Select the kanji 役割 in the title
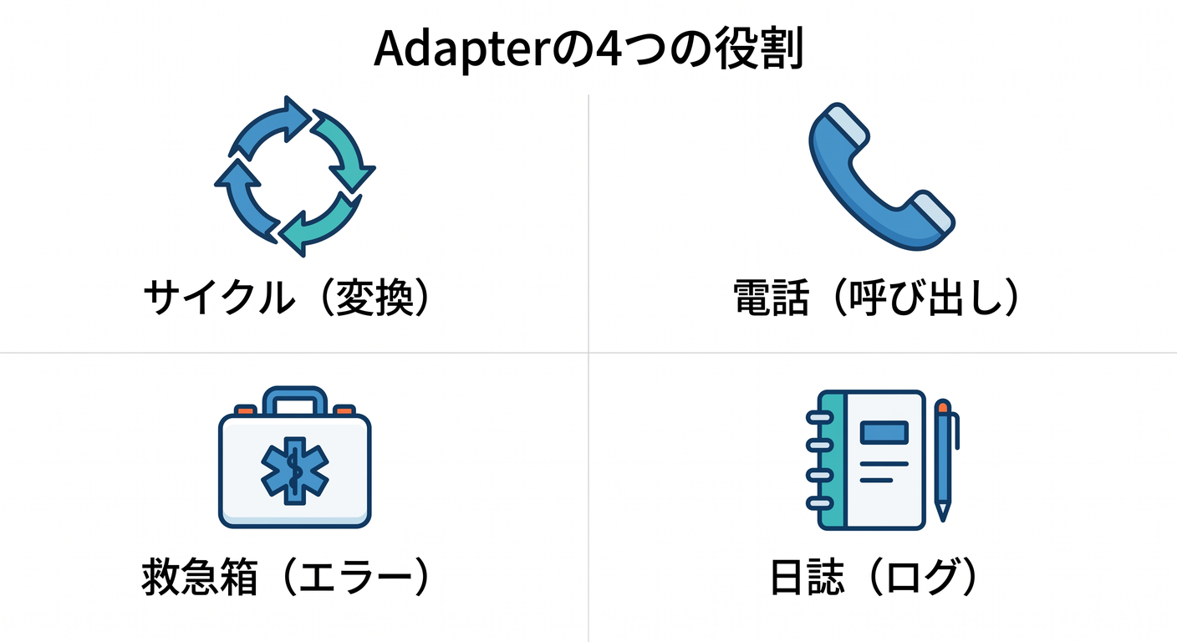[x=759, y=48]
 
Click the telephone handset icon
[x=882, y=176]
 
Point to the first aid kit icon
[x=295, y=457]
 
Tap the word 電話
[x=771, y=298]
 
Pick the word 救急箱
[x=200, y=577]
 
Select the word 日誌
[x=807, y=577]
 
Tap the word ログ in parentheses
[x=923, y=577]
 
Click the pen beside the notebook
[x=944, y=461]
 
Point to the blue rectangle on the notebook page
[x=884, y=432]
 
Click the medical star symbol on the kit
[x=295, y=471]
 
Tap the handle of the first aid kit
[x=295, y=401]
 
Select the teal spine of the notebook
[x=832, y=460]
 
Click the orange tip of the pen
[x=943, y=406]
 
